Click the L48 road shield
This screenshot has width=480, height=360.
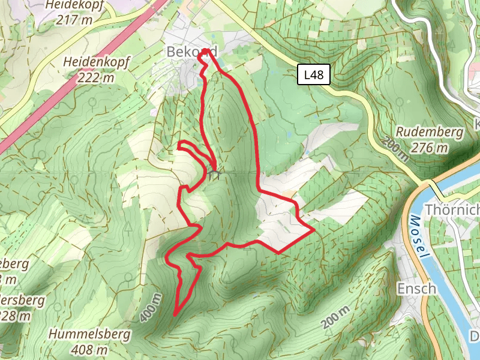pyautogui.click(x=313, y=75)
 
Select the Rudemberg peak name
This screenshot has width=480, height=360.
pyautogui.click(x=430, y=132)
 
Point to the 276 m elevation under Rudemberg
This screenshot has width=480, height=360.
pyautogui.click(x=430, y=148)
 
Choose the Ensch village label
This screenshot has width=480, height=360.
pyautogui.click(x=416, y=289)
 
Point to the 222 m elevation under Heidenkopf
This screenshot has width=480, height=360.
pyautogui.click(x=96, y=77)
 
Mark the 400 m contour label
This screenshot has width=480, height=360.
pyautogui.click(x=151, y=308)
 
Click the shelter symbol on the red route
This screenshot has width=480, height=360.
pyautogui.click(x=214, y=175)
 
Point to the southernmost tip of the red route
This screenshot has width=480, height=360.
pyautogui.click(x=175, y=314)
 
